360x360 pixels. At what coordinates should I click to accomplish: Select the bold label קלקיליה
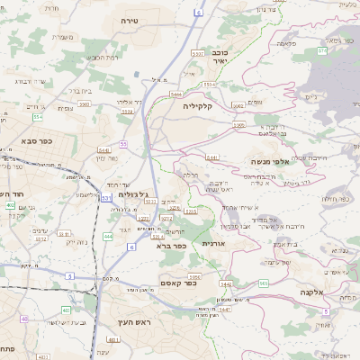coord(196,106)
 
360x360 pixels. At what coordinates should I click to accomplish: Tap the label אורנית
coord(212,244)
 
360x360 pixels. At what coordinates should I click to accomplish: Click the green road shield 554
coord(37,117)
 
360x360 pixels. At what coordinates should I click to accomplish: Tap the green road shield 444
coord(108,236)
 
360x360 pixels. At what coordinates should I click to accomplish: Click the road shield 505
coord(264,283)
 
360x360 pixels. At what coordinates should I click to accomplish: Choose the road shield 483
coord(65,311)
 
